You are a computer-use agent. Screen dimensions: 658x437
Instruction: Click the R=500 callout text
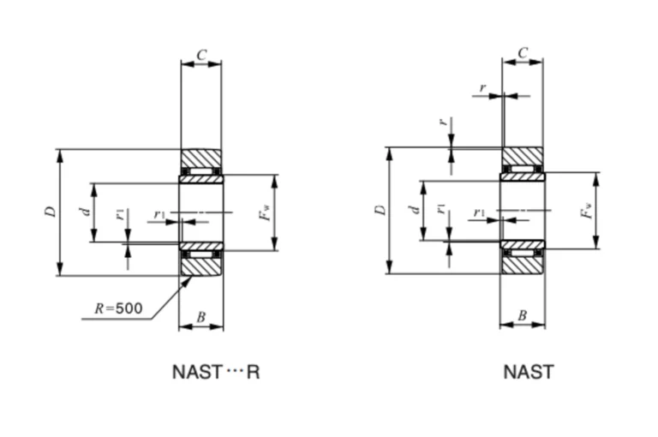pos(119,308)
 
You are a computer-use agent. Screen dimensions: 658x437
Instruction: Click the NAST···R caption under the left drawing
pos(216,372)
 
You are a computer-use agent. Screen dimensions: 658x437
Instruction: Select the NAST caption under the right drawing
pos(529,372)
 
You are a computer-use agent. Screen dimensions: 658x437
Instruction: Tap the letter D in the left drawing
pos(51,212)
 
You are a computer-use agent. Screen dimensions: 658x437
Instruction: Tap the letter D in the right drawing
pos(380,210)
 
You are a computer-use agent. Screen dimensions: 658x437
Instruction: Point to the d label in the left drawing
pos(86,211)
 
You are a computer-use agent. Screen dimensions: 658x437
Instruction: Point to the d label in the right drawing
pos(415,209)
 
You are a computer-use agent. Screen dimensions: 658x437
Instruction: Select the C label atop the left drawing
pos(202,55)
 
